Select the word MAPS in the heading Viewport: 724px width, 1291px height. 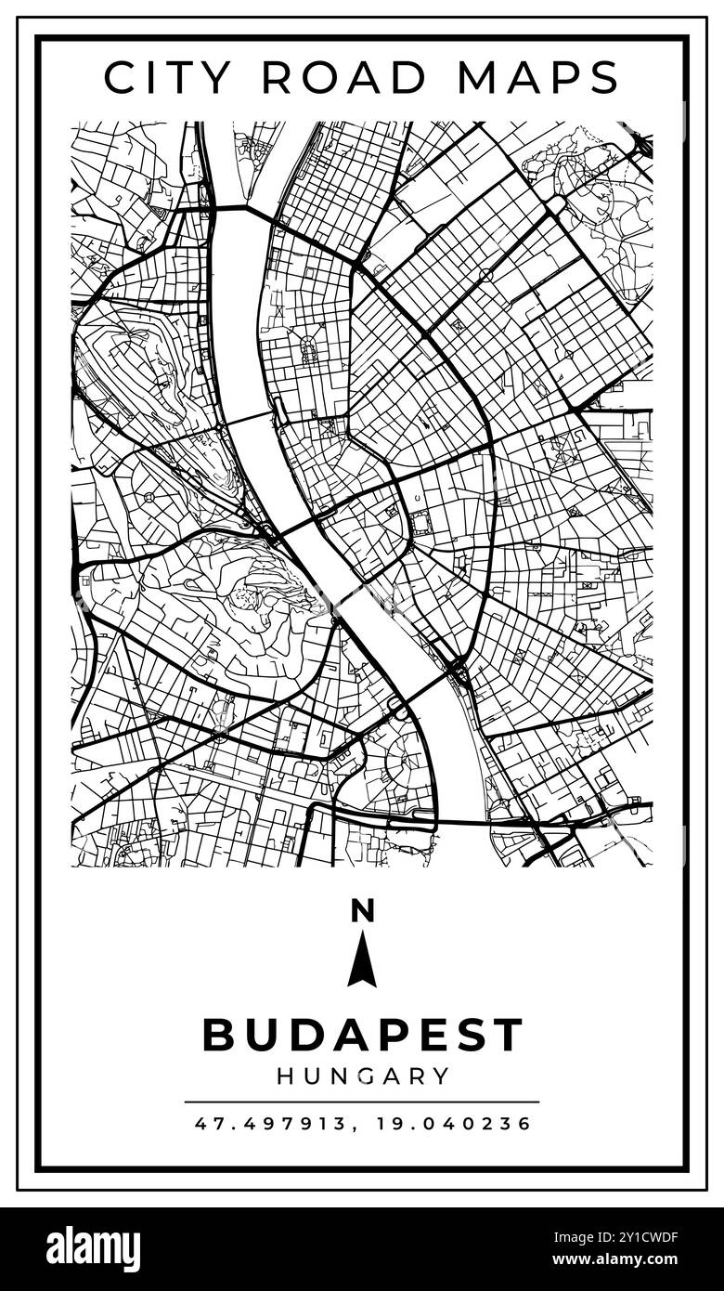coord(537,77)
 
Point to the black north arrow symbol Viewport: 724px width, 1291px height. coord(362,959)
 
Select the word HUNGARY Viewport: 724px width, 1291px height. coord(362,1076)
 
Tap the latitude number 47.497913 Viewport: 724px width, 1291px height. coord(269,1124)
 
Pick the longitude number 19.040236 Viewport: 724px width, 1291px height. coord(454,1124)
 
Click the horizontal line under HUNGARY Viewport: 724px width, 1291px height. coord(362,1102)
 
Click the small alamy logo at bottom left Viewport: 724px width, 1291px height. coord(93,1249)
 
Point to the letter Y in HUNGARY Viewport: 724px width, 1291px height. coord(441,1076)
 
